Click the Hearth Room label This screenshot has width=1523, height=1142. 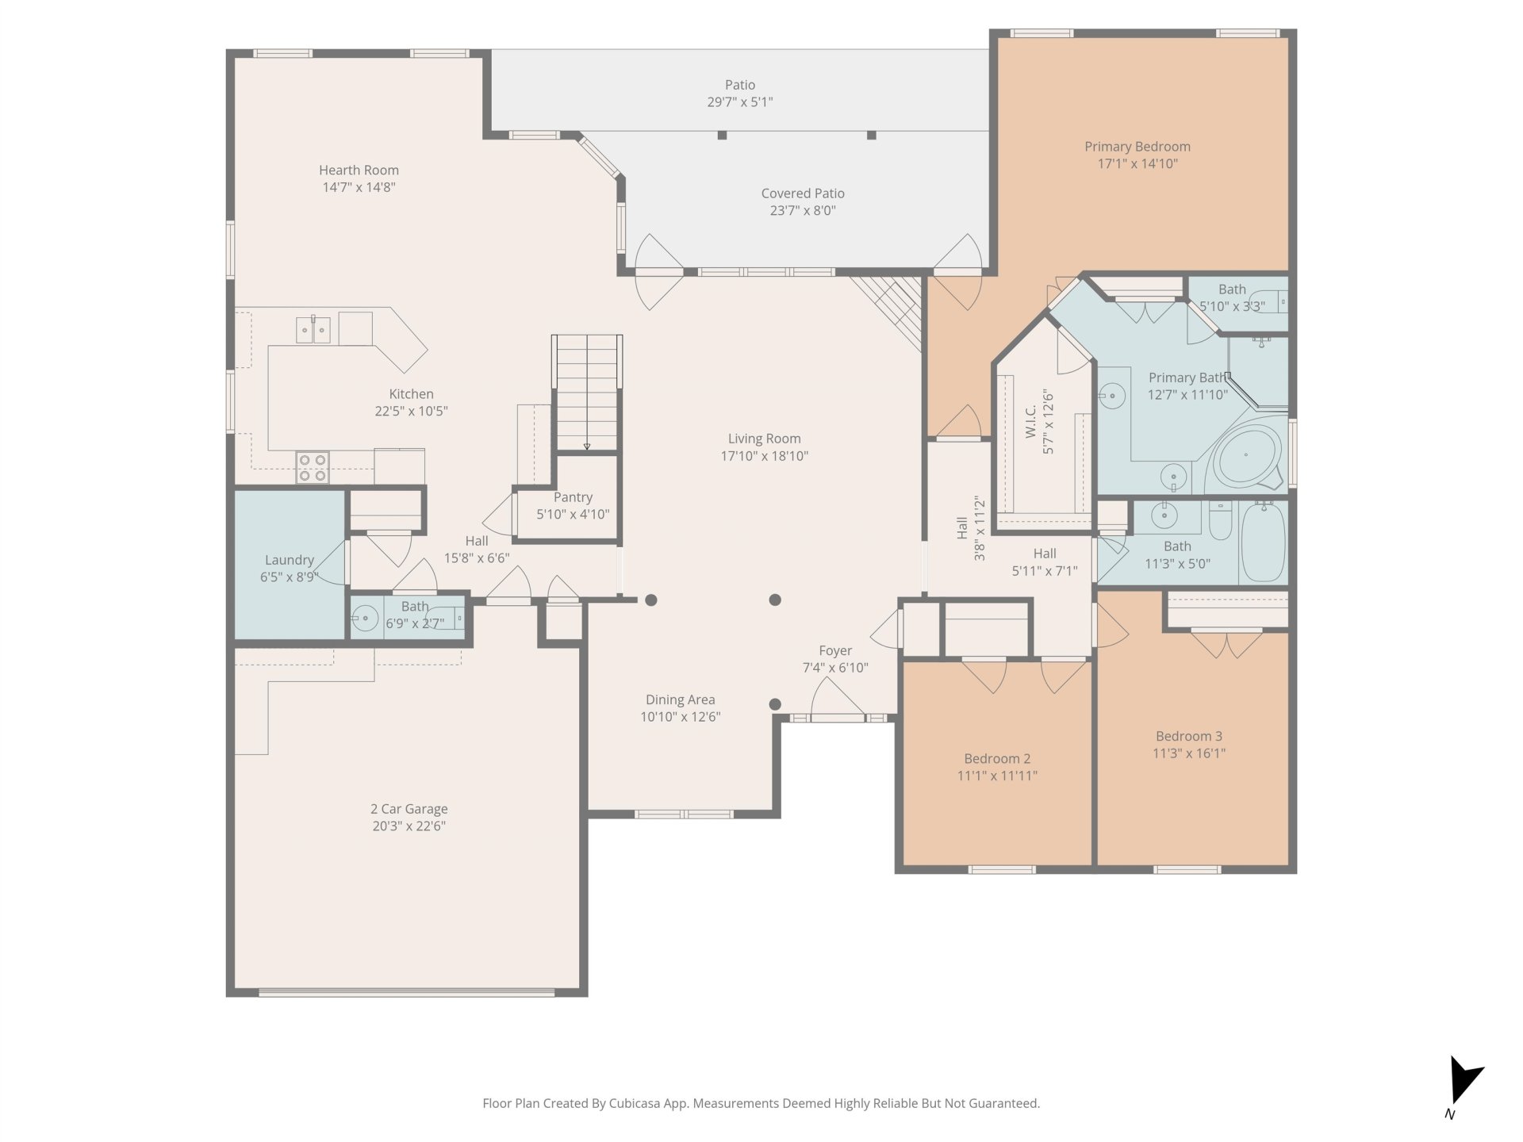359,170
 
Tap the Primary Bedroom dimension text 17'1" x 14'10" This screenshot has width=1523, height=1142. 1137,164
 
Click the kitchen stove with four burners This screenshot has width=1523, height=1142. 313,467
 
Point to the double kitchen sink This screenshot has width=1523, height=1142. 313,329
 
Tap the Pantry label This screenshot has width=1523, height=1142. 573,497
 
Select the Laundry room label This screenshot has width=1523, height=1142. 290,560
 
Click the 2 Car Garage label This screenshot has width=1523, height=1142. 409,809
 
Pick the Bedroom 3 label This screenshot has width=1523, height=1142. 1189,736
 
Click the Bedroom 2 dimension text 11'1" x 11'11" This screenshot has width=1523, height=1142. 997,776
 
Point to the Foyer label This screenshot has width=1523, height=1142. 835,650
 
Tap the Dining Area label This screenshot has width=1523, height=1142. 680,699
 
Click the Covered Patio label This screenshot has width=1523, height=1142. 803,194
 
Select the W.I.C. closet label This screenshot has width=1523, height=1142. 1030,421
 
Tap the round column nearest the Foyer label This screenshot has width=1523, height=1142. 775,704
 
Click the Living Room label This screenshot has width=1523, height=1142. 765,439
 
